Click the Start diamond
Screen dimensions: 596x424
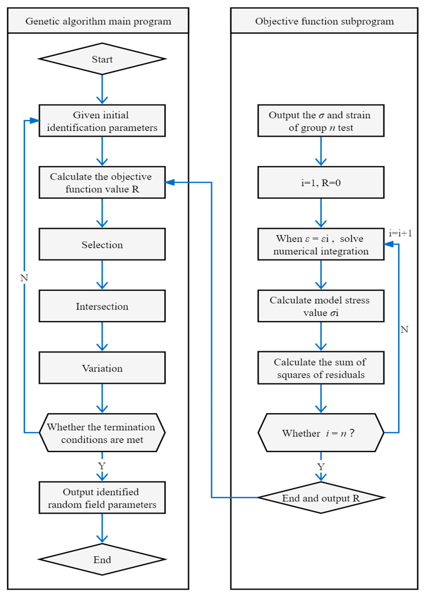102,59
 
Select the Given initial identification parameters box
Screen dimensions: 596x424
102,121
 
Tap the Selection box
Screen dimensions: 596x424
102,244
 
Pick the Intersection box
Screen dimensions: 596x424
102,306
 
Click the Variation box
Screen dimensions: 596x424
102,368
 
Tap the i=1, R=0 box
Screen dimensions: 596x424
321,183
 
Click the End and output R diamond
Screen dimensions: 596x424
321,498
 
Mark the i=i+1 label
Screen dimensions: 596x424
400,233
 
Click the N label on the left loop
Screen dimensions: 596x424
24,278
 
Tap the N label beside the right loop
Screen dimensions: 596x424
404,329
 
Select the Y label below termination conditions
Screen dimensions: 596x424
102,466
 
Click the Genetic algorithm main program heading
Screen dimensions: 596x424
98,21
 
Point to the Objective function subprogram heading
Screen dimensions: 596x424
324,21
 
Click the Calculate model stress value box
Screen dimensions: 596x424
321,306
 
